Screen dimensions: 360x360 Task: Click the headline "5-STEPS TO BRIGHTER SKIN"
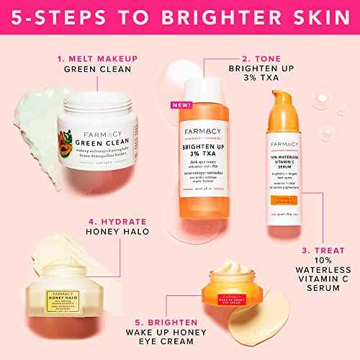coord(180,16)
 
